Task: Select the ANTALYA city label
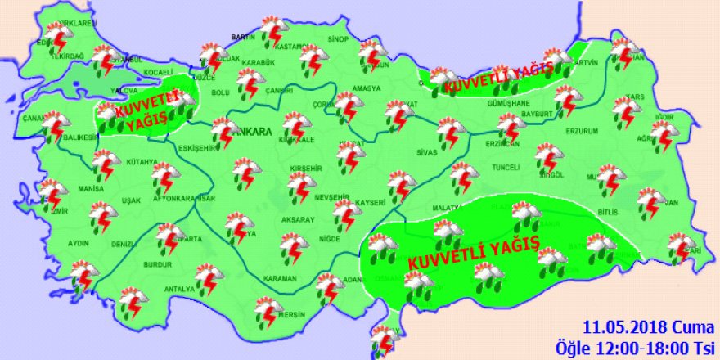click(179, 289)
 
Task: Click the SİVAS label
click(428, 152)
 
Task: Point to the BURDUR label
click(159, 266)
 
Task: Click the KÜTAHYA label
click(142, 163)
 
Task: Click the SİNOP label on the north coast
click(337, 38)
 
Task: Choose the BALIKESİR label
click(81, 137)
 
